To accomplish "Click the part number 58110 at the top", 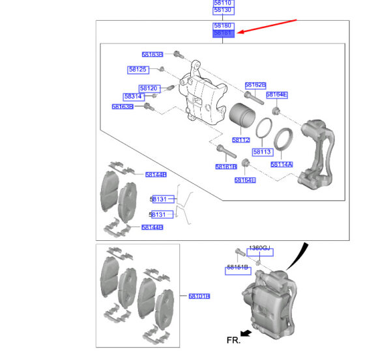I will (x=223, y=4).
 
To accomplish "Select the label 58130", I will (x=223, y=11).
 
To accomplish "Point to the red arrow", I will (x=267, y=27).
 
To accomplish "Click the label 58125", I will (x=138, y=69).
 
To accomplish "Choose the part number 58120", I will (x=149, y=89).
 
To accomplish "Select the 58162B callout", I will (x=255, y=85).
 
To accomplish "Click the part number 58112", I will (x=241, y=140).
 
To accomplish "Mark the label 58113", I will (x=262, y=152).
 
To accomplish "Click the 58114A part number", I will (x=281, y=165).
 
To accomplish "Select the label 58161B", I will (x=226, y=167).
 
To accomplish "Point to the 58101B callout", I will (x=199, y=296).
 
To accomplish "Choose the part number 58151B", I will (x=237, y=268).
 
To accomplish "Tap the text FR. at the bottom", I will (x=233, y=340).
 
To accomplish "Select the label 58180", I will (x=223, y=25).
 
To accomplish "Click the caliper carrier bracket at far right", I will (x=320, y=153).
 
